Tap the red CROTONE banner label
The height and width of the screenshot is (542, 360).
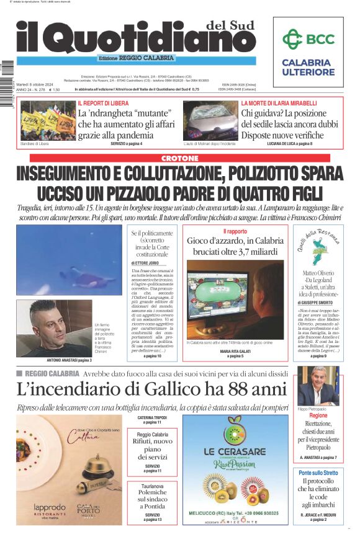[179, 158]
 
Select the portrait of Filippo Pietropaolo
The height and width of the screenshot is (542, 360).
[318, 384]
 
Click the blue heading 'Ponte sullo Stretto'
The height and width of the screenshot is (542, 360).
[318, 473]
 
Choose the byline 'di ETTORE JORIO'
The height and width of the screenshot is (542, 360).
[145, 263]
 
